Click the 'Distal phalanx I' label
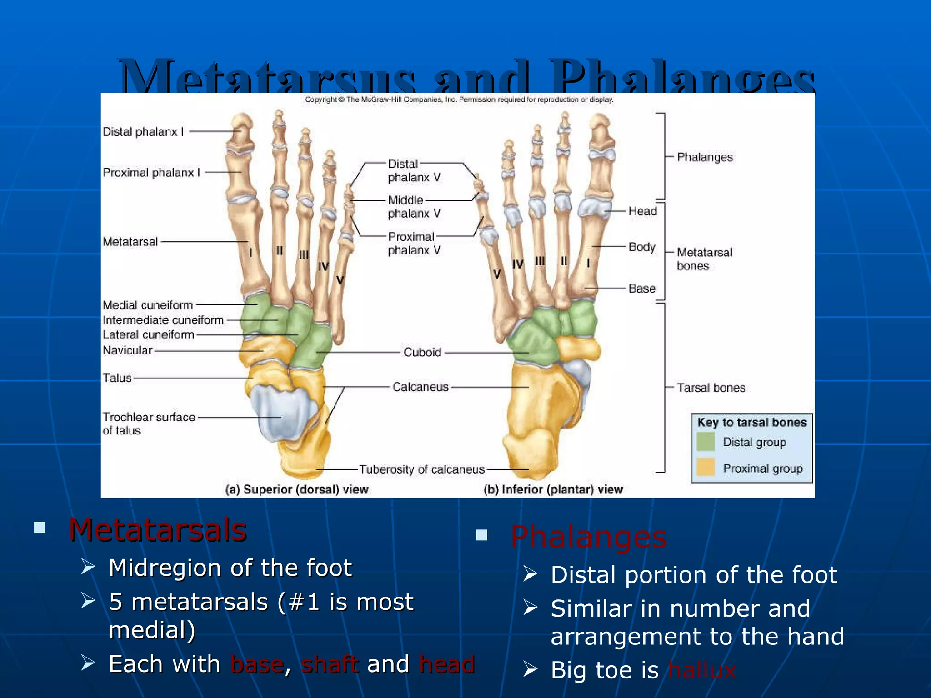143,132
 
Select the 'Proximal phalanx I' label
151,173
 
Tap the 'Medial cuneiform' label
148,305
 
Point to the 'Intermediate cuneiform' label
163,320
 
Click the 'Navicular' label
127,350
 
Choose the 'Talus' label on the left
117,378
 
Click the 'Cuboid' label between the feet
422,352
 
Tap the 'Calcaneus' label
420,387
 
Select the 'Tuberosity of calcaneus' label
422,469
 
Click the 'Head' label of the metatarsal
642,211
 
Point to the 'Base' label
642,289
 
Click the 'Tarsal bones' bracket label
711,388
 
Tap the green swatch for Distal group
706,442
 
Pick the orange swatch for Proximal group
706,468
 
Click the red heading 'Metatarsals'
157,530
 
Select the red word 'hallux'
701,670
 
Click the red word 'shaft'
330,664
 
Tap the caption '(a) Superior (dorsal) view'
297,489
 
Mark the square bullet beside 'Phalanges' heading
481,535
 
